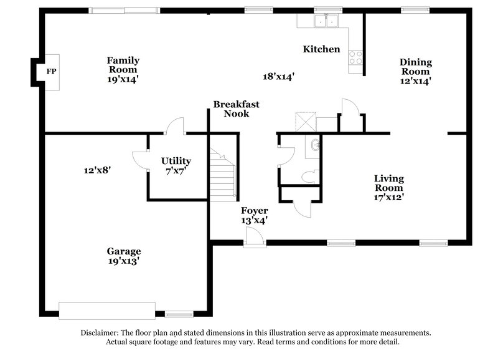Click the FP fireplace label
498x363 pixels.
(x=51, y=72)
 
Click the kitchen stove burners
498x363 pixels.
(x=357, y=58)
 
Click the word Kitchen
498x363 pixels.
(x=321, y=49)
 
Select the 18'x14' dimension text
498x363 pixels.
(x=278, y=76)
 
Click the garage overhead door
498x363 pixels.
(x=106, y=311)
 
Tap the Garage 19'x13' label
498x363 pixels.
(x=123, y=256)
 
